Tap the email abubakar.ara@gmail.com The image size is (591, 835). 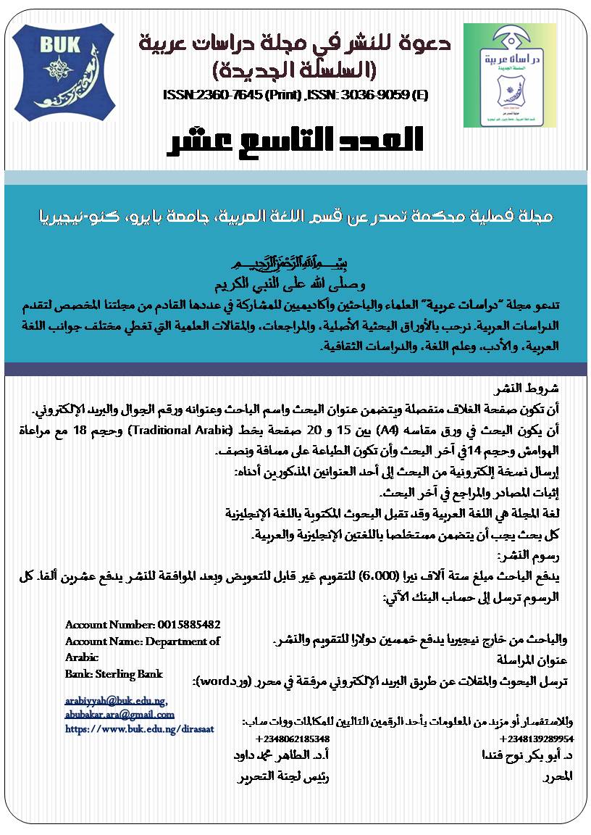pyautogui.click(x=120, y=714)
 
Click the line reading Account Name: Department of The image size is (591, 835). pyautogui.click(x=142, y=641)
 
